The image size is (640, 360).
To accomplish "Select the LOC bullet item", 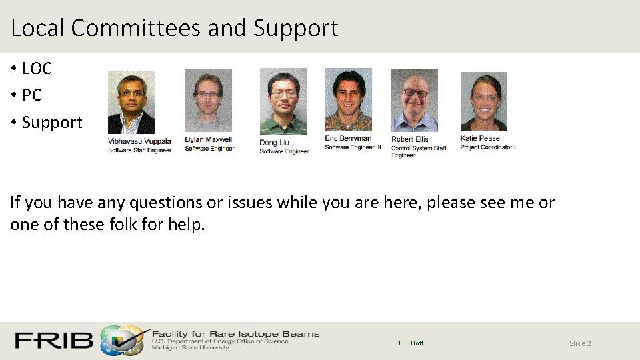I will coord(37,68).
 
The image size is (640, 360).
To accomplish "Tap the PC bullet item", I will coord(31,95).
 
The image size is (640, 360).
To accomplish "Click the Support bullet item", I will coord(52,123).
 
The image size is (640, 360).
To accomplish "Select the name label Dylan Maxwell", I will coord(209,140).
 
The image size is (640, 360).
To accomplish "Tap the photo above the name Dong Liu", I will coord(283,101).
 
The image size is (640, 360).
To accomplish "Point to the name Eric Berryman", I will coord(348,139).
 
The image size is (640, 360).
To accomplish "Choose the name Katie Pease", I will coord(479,139).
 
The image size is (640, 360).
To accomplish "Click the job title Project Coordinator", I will coord(487,147).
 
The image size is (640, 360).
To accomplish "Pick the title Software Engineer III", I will coord(353,147).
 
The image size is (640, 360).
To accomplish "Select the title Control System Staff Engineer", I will coord(418,151).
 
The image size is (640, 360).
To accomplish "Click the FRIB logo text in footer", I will coord(54,341).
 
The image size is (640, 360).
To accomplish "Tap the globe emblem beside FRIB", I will coord(121,341).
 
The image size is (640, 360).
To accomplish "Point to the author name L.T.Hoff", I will coord(411,343).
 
